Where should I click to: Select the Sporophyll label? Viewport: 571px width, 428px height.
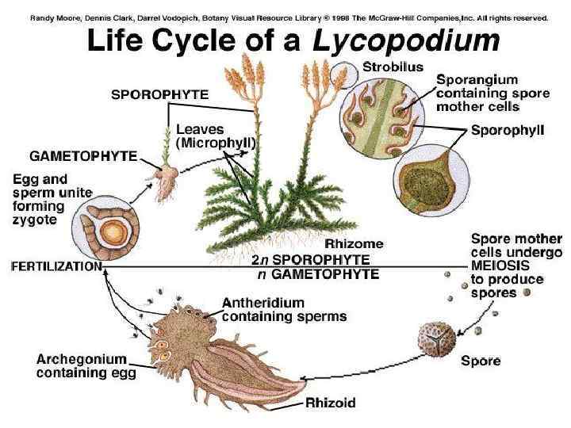click(x=507, y=130)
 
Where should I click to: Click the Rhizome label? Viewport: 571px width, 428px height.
click(x=354, y=243)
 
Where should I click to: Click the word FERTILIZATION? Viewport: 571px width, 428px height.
click(x=56, y=267)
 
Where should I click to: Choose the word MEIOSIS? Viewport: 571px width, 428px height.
click(x=502, y=266)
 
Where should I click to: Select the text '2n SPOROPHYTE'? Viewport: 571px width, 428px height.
click(x=311, y=259)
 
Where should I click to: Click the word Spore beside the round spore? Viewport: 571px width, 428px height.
click(x=481, y=361)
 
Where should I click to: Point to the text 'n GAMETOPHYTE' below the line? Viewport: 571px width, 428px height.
click(x=319, y=274)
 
